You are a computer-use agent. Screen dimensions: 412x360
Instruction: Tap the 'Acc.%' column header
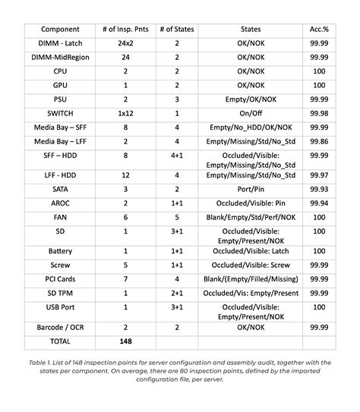point(319,29)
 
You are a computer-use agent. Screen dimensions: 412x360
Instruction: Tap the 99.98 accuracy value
point(319,113)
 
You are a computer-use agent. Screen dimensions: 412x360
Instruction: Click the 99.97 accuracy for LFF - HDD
point(319,175)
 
